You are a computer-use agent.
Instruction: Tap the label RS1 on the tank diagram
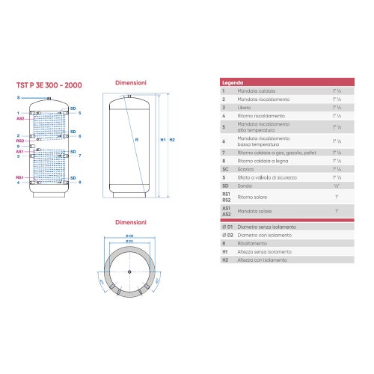pyautogui.click(x=20, y=177)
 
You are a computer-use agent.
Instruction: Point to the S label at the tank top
pyautogui.click(x=20, y=98)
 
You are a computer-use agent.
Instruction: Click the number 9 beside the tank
pyautogui.click(x=18, y=146)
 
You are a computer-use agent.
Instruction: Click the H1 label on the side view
pyautogui.click(x=163, y=140)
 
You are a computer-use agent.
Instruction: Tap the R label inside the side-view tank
pyautogui.click(x=136, y=140)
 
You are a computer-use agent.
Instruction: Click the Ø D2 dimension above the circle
pyautogui.click(x=130, y=237)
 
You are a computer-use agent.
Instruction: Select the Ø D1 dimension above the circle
pyautogui.click(x=130, y=242)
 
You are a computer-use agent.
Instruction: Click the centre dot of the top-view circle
pyautogui.click(x=130, y=271)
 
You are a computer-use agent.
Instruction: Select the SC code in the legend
pyautogui.click(x=224, y=168)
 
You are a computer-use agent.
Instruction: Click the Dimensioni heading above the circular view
pyautogui.click(x=130, y=222)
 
